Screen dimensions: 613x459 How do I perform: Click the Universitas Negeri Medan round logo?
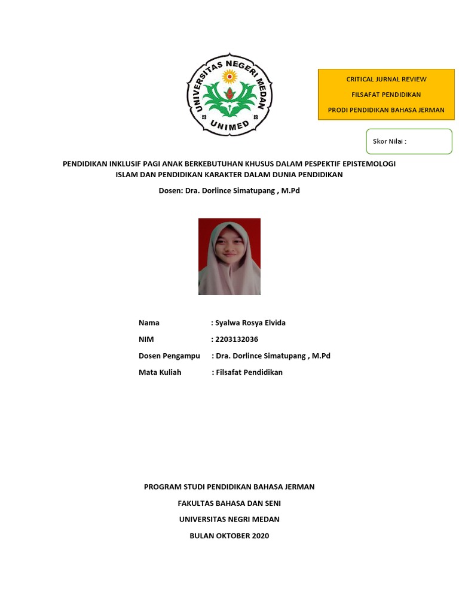click(229, 95)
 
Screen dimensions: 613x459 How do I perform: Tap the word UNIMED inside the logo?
click(229, 124)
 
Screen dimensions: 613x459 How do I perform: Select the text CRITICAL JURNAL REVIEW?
click(386, 79)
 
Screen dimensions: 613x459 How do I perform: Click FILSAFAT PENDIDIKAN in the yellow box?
click(386, 95)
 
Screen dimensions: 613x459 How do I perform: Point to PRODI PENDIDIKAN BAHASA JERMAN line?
click(386, 110)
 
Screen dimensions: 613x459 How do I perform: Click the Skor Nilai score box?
click(408, 141)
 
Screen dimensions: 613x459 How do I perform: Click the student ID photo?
click(229, 256)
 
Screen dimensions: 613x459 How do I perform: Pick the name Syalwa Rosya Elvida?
click(250, 323)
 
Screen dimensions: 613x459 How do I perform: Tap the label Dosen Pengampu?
click(169, 356)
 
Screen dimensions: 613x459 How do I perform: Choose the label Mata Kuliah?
click(160, 372)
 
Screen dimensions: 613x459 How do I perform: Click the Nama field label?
click(149, 323)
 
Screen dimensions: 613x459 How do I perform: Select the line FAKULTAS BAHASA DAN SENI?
click(229, 503)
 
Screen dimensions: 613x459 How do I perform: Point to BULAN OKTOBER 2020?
click(229, 536)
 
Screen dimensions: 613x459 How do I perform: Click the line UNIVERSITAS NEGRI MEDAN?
click(229, 520)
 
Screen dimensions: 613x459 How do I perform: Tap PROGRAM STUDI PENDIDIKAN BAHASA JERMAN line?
click(229, 487)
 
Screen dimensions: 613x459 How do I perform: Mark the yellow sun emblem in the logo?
click(229, 76)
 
